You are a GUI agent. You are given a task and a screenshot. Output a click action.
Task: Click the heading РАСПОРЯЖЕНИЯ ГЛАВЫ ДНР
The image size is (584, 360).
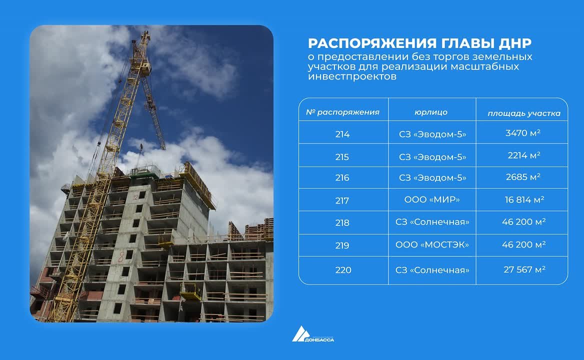coord(419,43)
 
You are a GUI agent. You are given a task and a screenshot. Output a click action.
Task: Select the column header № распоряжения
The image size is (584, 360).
coord(342,112)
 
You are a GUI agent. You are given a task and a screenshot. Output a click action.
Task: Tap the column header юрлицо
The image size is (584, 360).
coord(431,112)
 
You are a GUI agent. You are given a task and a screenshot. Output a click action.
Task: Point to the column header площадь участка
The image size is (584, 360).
coord(524,113)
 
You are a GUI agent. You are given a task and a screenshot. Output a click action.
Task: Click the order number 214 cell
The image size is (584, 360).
coord(342,134)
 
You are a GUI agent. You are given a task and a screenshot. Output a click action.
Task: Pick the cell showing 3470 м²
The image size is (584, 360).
coord(523,133)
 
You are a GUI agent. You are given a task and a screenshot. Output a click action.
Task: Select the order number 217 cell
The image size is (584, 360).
coord(342,200)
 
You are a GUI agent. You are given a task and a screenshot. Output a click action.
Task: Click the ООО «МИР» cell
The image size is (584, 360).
coord(432,199)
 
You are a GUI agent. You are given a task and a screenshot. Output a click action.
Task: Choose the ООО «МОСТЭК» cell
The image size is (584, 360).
coord(432,244)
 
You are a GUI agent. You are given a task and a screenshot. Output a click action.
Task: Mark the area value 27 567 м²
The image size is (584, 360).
coord(524,269)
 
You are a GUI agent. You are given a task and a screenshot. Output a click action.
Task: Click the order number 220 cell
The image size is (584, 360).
coord(343,270)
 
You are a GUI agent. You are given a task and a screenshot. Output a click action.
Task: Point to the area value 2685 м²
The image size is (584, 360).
coord(523,177)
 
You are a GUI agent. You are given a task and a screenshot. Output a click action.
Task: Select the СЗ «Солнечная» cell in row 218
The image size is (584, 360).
coord(432,222)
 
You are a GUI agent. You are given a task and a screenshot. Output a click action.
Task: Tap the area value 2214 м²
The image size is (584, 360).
coord(523,155)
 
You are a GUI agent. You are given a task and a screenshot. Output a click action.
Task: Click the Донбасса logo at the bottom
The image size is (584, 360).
coord(313,334)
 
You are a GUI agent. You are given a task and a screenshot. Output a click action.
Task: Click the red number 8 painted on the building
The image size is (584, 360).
coord(121,256)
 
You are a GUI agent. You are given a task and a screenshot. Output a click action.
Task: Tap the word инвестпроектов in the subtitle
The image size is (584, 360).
coord(352,76)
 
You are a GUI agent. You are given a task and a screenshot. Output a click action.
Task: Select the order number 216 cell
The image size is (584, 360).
coord(342,177)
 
